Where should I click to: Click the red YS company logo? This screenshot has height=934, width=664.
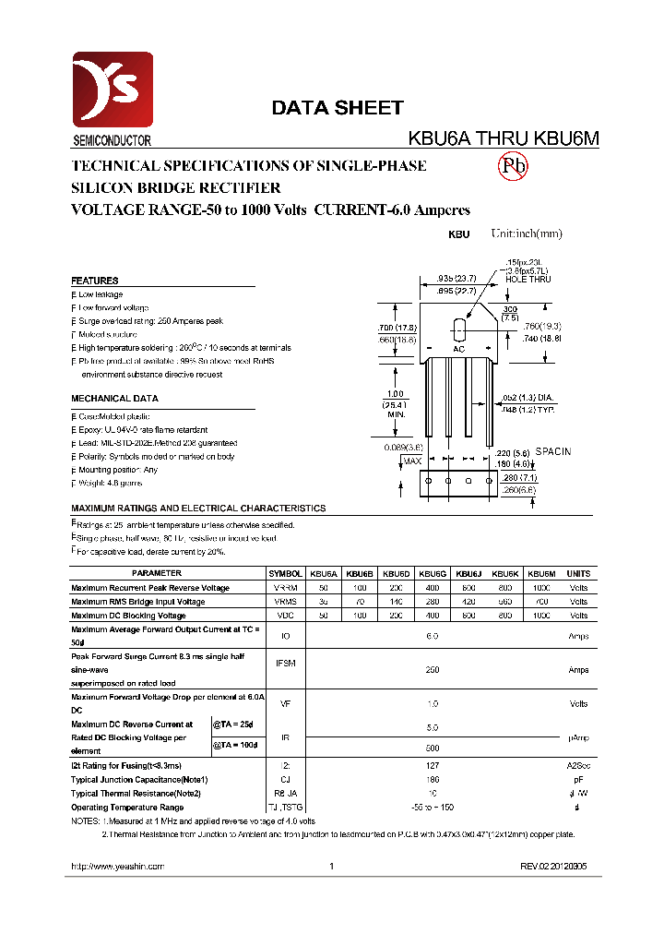[112, 91]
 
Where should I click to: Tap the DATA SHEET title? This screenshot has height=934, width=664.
[337, 108]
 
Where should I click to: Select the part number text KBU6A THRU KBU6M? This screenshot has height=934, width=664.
[504, 138]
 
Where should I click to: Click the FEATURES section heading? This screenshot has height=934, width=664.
[95, 281]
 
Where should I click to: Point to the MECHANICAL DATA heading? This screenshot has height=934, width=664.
[114, 399]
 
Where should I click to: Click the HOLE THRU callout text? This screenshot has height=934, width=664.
[528, 280]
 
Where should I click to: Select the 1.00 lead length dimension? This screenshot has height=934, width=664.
[395, 395]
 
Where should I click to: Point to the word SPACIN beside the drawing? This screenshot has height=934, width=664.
[553, 451]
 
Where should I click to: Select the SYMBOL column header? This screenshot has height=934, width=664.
[285, 573]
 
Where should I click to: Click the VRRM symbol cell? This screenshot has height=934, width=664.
[285, 588]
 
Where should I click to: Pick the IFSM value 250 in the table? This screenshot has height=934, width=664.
[433, 670]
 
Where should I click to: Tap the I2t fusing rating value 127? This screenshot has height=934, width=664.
[433, 766]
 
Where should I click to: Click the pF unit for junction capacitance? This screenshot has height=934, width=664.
[578, 779]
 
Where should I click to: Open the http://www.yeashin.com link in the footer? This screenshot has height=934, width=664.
[117, 867]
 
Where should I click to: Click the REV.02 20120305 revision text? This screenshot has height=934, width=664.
[553, 867]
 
